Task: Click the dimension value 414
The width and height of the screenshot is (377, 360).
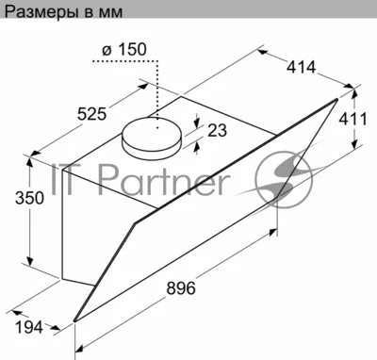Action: point(301,67)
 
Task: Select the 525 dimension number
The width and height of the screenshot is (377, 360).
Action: point(92,113)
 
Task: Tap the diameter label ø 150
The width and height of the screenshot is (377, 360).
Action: point(124,49)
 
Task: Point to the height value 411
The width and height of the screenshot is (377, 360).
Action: point(353,119)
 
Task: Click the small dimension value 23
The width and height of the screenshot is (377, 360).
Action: point(217,130)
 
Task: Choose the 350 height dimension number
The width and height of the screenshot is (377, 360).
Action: point(29,198)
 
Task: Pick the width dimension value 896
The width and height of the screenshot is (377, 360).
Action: point(181,287)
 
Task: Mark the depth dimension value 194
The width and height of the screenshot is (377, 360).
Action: point(29,328)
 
